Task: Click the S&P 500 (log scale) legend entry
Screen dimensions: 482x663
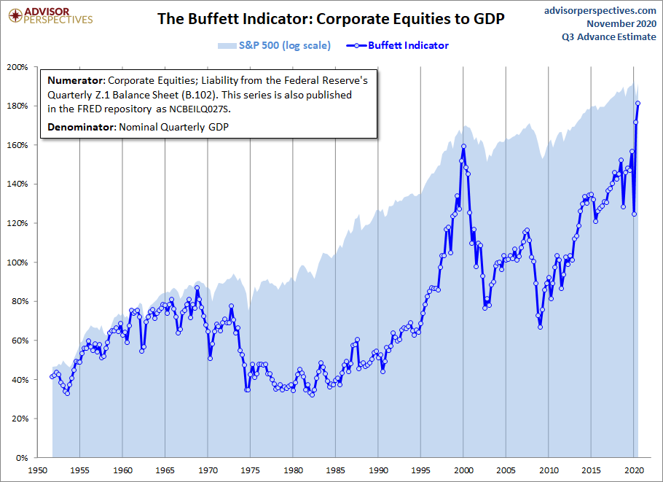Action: (x=284, y=46)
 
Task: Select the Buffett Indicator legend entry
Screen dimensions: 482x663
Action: (x=408, y=46)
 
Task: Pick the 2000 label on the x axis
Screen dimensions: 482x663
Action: (x=463, y=470)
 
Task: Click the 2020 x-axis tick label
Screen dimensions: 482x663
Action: (x=634, y=470)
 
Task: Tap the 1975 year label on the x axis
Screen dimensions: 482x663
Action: (x=250, y=470)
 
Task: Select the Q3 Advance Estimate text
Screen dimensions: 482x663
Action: (x=611, y=36)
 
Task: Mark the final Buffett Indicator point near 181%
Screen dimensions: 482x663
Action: (x=638, y=103)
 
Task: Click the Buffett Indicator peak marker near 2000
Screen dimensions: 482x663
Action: (x=463, y=147)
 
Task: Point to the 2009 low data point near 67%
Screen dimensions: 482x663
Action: (x=540, y=327)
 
